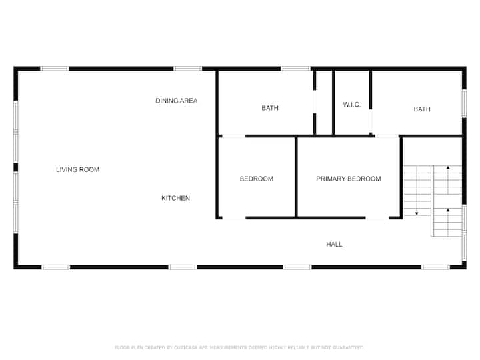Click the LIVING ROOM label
coord(78,169)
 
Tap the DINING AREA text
coord(176,101)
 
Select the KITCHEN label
coord(176,199)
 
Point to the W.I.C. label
coord(352,105)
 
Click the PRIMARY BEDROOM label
coord(349,179)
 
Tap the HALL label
coord(334,244)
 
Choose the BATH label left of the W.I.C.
coord(270,108)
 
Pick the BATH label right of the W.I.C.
coord(422,109)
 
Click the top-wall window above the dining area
coord(187,69)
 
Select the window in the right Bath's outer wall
coord(464,103)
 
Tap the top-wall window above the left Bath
coord(296,69)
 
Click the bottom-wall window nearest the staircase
coord(435,267)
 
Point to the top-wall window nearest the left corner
coord(55,69)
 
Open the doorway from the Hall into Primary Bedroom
coord(377,218)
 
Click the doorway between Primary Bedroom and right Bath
coord(387,136)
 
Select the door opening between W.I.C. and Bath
coord(371,121)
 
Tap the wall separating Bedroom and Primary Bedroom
coord(296,177)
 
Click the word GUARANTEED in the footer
coord(348,347)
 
